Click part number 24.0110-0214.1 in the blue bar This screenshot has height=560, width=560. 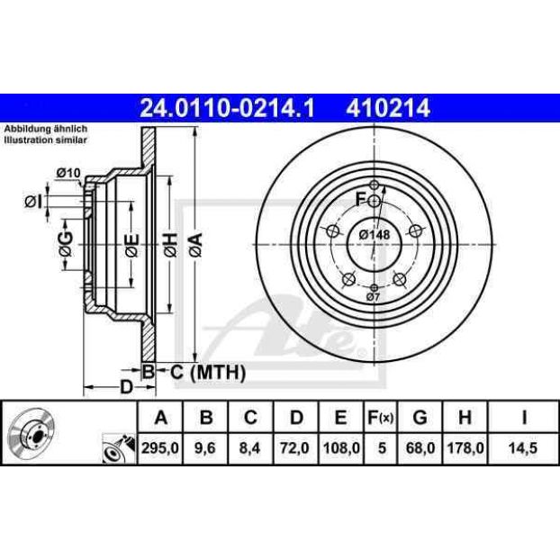click(x=227, y=108)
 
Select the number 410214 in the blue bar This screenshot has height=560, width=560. click(x=388, y=108)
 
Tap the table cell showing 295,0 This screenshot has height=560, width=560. click(x=159, y=447)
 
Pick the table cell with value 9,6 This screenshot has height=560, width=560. click(x=205, y=447)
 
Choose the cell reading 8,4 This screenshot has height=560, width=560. click(x=250, y=447)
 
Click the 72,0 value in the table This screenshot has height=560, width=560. click(x=295, y=447)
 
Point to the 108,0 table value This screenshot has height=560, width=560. click(x=341, y=447)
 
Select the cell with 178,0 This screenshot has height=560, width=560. click(x=465, y=447)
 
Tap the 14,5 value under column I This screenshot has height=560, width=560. click(x=523, y=447)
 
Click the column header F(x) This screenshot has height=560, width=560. click(x=381, y=417)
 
